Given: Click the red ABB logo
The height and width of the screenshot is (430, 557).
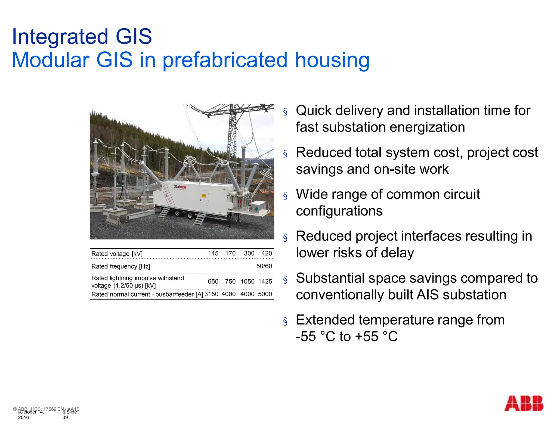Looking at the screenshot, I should [x=524, y=403].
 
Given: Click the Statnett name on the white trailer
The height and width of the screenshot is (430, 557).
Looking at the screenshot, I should [x=180, y=187].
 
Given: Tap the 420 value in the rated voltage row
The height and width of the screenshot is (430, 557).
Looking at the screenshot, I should [x=267, y=253].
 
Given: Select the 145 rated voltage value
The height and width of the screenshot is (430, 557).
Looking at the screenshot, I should [x=213, y=253].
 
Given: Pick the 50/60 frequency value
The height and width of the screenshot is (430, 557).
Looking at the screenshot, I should [x=264, y=266].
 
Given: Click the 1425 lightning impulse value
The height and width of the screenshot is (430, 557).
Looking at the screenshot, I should [x=265, y=281].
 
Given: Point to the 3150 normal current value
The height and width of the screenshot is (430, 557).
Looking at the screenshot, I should [x=211, y=294].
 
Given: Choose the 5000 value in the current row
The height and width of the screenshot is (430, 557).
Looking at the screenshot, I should [x=265, y=294].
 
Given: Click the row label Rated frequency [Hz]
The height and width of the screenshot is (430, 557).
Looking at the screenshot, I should [x=120, y=266].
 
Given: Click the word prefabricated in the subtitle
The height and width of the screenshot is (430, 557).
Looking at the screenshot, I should [x=225, y=60].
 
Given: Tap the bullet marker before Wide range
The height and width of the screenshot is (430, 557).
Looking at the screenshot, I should [x=285, y=196].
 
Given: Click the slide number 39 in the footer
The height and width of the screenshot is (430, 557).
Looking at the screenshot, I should [x=65, y=417].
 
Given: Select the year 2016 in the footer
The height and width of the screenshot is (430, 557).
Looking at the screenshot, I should [x=23, y=417].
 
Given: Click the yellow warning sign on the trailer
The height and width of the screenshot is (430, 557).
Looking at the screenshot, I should [x=203, y=196].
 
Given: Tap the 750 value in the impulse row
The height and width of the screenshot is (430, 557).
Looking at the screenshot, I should [x=230, y=281].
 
